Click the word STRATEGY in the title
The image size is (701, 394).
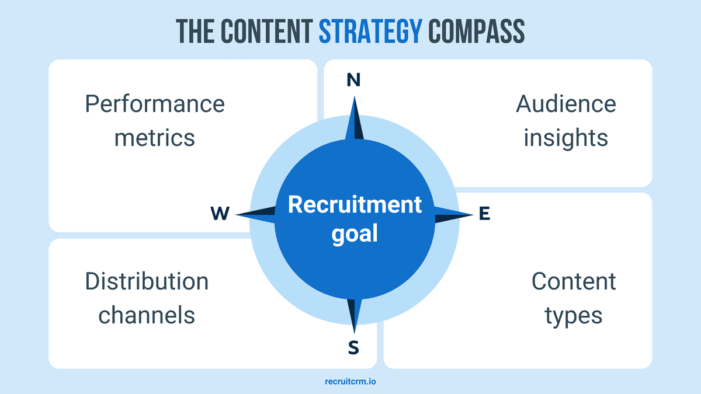(x=370, y=32)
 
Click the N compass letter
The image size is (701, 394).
(x=353, y=81)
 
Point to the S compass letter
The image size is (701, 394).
(x=353, y=348)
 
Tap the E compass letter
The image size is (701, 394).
(x=484, y=214)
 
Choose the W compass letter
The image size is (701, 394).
(x=220, y=214)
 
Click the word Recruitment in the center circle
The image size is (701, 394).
(x=355, y=205)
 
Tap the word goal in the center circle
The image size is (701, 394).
(x=355, y=234)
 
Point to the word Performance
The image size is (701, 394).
(x=155, y=104)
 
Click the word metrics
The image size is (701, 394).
(x=155, y=138)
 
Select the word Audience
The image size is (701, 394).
(x=565, y=104)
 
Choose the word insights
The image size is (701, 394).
(x=565, y=138)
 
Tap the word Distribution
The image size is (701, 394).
(x=147, y=281)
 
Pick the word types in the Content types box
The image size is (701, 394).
(x=573, y=316)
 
